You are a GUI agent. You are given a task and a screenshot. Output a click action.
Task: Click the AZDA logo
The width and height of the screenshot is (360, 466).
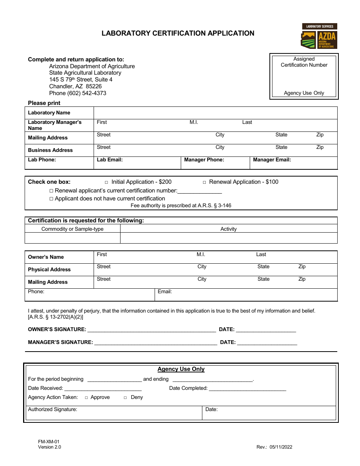click(319, 36)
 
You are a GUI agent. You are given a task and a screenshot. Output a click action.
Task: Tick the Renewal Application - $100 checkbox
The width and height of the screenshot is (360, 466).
click(204, 182)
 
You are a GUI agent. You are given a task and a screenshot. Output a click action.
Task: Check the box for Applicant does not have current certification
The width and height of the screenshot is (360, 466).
click(52, 199)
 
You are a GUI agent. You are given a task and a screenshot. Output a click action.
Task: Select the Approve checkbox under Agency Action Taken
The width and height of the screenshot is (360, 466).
click(86, 397)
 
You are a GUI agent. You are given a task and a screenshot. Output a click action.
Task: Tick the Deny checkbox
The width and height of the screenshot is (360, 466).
click(125, 397)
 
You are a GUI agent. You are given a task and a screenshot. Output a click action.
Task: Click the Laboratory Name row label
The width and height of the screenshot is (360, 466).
click(49, 113)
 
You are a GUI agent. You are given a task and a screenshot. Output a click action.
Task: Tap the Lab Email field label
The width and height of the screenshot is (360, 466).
click(110, 160)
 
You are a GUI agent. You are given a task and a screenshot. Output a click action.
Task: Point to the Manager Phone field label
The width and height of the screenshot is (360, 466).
click(204, 160)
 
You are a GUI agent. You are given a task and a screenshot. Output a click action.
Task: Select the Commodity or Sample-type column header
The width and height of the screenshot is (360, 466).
click(72, 229)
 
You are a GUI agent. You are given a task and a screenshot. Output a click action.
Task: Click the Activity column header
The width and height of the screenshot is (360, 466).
click(229, 229)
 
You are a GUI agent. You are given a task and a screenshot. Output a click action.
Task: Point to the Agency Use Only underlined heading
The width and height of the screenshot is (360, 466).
click(181, 369)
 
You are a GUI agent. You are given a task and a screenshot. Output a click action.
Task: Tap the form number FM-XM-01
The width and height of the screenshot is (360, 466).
click(49, 442)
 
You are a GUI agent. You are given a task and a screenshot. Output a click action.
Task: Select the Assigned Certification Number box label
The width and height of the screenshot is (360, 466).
click(304, 62)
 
